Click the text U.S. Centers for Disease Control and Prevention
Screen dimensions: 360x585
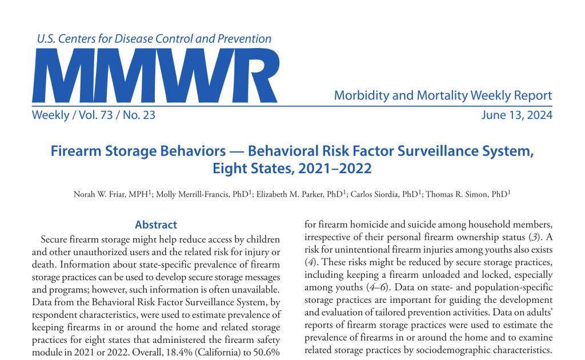pos(154,39)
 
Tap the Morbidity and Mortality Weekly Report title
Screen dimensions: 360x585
pos(443,95)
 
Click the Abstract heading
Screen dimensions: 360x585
pos(155,225)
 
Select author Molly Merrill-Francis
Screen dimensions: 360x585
pos(195,194)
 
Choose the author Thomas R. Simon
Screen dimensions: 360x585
pos(462,194)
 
